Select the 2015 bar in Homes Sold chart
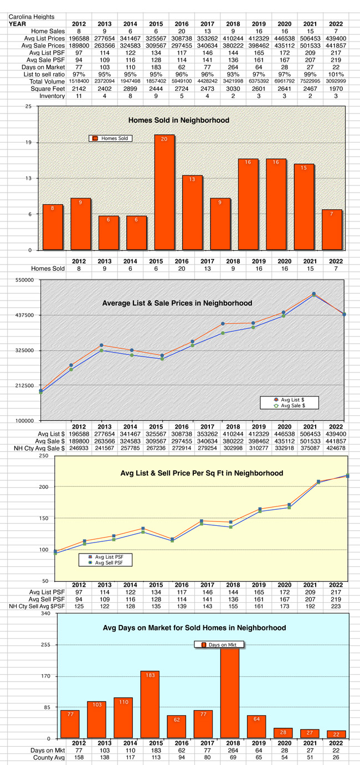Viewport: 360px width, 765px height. click(x=164, y=192)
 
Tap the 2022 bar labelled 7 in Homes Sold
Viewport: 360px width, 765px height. click(x=332, y=229)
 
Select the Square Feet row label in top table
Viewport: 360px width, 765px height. click(x=49, y=89)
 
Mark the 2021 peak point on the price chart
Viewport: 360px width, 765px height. click(x=313, y=294)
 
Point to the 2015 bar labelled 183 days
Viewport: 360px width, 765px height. click(x=150, y=704)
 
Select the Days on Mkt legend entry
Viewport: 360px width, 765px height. click(x=219, y=645)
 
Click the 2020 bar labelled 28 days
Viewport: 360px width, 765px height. click(x=283, y=732)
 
